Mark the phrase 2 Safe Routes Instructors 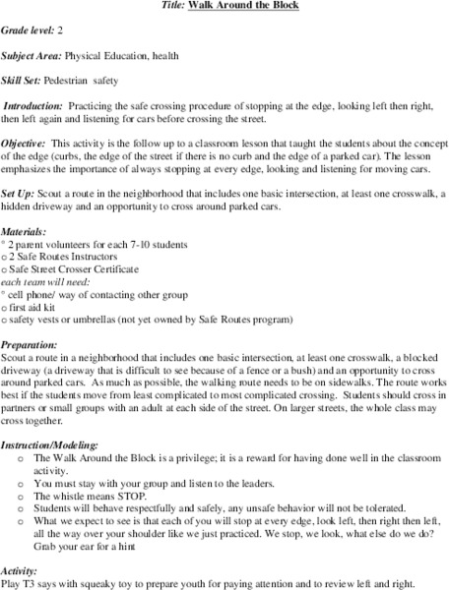point(64,257)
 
